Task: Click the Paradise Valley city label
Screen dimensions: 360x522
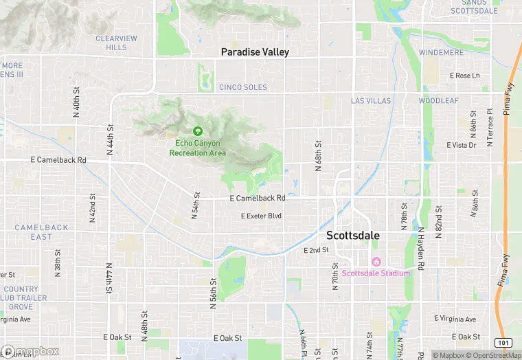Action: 255,52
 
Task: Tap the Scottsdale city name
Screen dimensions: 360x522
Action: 353,235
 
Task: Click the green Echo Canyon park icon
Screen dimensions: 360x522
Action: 198,131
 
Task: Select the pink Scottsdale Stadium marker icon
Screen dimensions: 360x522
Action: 376,262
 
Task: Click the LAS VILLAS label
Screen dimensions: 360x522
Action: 371,101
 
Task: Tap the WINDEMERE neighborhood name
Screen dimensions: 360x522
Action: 442,52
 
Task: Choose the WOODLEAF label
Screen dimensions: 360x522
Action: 438,101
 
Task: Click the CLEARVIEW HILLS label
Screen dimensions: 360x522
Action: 117,43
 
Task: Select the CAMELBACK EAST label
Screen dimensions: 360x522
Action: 42,232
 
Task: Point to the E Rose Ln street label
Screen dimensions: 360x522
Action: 464,76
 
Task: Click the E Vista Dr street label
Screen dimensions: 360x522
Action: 461,146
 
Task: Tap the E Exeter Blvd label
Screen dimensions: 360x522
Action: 261,216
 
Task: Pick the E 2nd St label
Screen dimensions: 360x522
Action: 317,251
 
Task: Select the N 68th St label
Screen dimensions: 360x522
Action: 318,157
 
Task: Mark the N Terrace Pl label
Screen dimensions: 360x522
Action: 490,127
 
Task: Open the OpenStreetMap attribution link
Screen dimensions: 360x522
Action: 492,355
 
